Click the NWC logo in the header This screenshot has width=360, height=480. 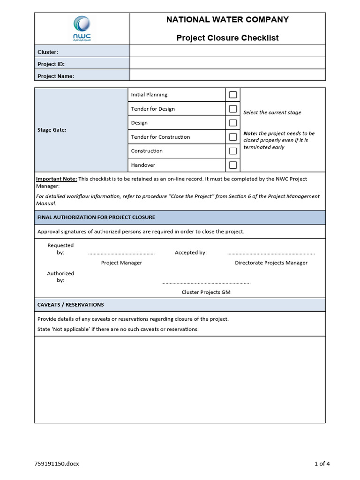(x=82, y=28)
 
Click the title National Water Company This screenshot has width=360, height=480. (x=227, y=20)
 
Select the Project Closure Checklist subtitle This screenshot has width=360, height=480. (x=227, y=38)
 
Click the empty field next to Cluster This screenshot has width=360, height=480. (x=227, y=51)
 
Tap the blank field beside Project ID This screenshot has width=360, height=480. (x=227, y=63)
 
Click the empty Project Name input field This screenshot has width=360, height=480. (x=227, y=75)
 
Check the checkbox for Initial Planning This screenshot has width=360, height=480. (x=232, y=95)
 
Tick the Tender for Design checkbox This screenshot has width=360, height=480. (x=232, y=109)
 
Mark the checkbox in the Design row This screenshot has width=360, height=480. (x=232, y=123)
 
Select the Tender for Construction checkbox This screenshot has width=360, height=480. (x=232, y=137)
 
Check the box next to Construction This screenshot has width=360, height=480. (x=232, y=151)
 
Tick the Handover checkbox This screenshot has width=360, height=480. (x=232, y=165)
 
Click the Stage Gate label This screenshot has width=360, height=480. (x=52, y=130)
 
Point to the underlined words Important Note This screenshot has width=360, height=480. (x=57, y=179)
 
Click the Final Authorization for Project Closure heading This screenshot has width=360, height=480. (x=96, y=217)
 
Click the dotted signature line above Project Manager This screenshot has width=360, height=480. (x=121, y=254)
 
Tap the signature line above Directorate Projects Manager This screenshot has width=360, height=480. (x=271, y=254)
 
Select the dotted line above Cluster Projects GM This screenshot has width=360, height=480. (x=206, y=283)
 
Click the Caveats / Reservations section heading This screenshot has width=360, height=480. (x=71, y=305)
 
